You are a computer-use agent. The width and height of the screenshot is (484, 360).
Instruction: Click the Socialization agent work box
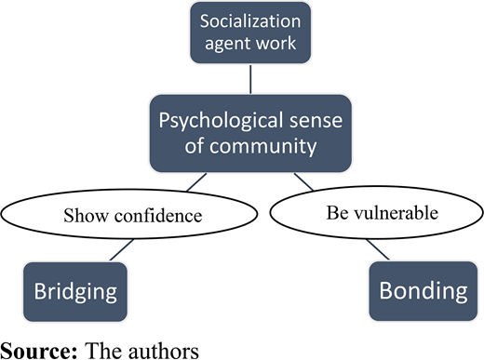[250, 33]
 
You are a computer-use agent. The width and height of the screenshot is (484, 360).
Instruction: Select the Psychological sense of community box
[250, 133]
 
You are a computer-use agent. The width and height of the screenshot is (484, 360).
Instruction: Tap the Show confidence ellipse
[129, 214]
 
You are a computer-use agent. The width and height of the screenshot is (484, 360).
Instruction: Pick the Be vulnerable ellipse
[377, 213]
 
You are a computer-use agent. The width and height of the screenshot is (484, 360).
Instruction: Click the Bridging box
[75, 292]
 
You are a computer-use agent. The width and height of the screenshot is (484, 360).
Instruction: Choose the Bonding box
[423, 291]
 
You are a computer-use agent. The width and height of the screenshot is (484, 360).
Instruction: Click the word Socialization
[250, 21]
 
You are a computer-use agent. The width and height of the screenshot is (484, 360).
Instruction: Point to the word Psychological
[221, 121]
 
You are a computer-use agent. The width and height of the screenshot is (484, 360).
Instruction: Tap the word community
[263, 146]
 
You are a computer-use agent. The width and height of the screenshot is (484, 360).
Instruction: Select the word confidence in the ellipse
[158, 216]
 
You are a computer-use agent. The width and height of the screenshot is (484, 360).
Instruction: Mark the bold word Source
[39, 351]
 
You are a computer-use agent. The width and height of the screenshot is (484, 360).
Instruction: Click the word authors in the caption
[164, 351]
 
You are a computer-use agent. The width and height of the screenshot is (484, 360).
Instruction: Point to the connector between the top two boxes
[250, 79]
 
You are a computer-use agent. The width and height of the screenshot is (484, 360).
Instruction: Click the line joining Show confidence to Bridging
[122, 249]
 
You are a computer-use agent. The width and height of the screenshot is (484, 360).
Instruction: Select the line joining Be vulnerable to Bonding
[378, 249]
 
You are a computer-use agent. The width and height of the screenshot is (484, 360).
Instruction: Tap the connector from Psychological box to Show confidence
[196, 182]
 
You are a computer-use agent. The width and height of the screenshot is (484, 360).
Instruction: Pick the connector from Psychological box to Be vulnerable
[304, 181]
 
